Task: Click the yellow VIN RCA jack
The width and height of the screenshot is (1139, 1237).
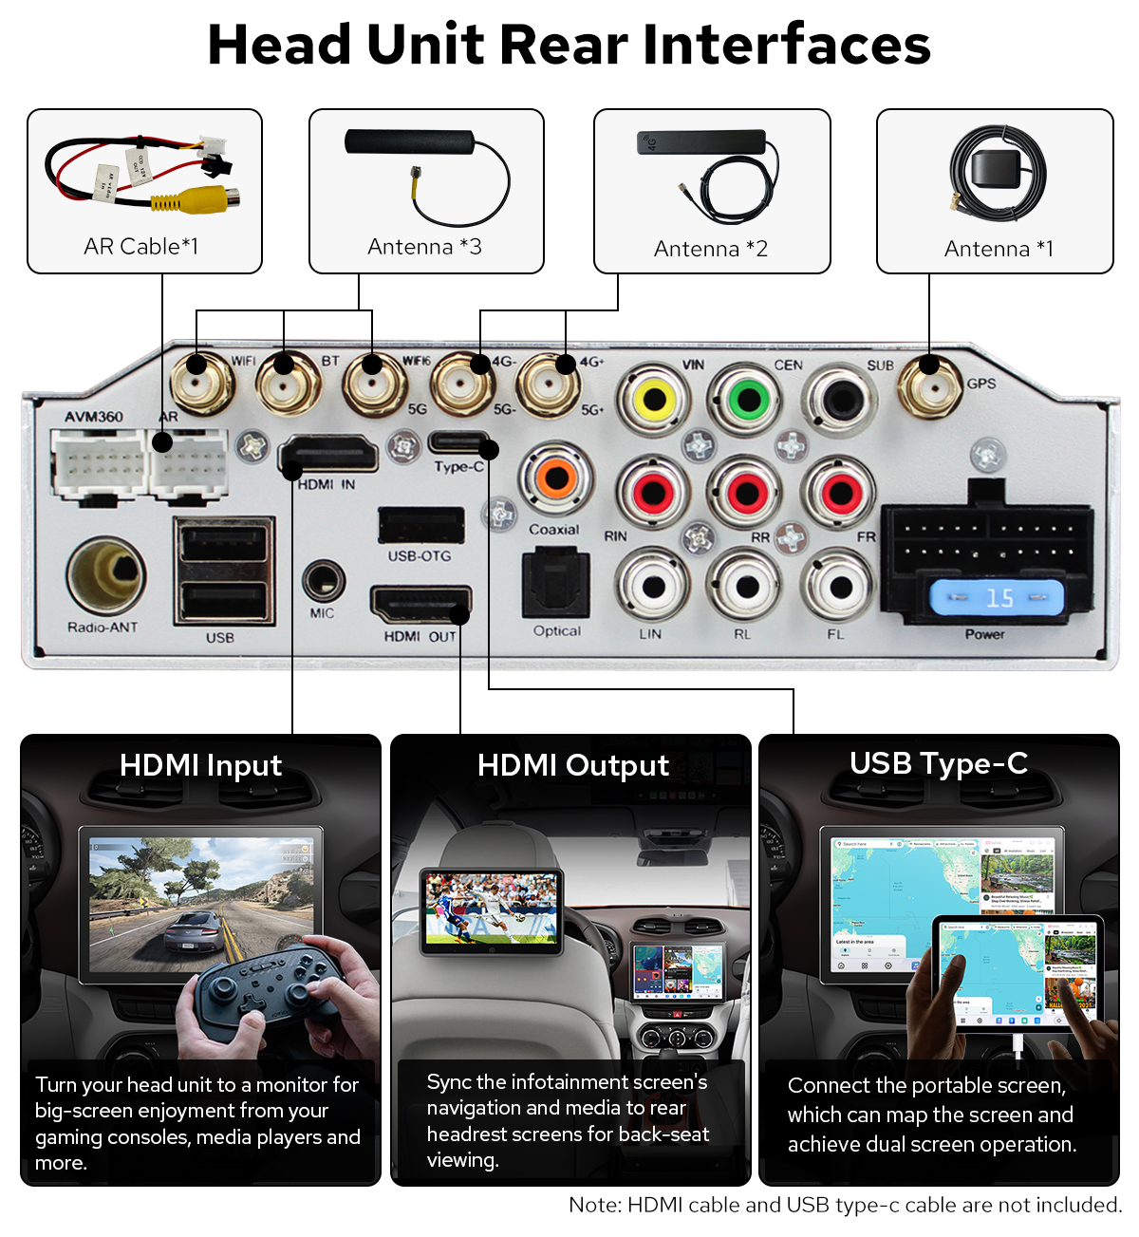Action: click(654, 399)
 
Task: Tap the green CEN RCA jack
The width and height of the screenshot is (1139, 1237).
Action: click(748, 399)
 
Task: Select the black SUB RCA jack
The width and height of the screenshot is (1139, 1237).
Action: click(840, 399)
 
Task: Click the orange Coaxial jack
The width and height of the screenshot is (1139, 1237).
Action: click(556, 478)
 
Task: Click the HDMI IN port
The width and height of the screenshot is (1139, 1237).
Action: click(328, 455)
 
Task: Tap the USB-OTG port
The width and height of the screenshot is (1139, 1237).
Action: click(420, 525)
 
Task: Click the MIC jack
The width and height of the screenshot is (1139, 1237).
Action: click(323, 579)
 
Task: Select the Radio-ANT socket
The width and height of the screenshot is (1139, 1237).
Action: click(105, 575)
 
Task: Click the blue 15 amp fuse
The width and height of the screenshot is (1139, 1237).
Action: click(997, 598)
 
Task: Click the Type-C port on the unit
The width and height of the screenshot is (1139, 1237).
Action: click(459, 442)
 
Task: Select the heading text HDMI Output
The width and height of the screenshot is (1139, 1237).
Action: click(572, 765)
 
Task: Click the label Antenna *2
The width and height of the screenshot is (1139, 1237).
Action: click(710, 249)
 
